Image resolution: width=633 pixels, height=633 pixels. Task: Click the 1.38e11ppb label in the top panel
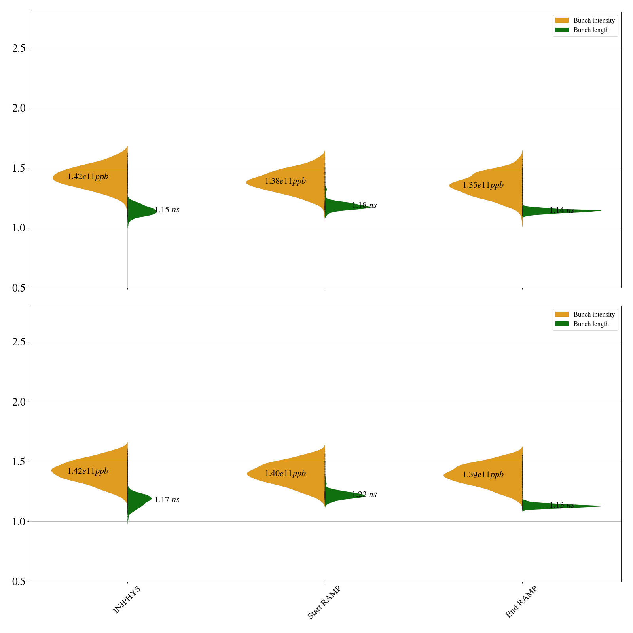point(285,181)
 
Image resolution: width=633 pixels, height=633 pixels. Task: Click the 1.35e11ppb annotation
point(483,185)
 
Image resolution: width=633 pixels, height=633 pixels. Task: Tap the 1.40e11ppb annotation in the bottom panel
point(285,474)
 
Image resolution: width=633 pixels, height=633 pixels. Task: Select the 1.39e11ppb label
point(483,475)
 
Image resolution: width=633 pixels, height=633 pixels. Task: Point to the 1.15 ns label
point(167,210)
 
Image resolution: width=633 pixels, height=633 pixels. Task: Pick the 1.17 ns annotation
point(167,500)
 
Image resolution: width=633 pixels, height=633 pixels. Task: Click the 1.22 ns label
point(364,495)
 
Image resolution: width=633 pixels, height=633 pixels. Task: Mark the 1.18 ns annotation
point(364,205)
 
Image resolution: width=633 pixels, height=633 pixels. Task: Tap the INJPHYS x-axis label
point(127,600)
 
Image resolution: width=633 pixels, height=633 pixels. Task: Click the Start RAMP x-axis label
point(324,602)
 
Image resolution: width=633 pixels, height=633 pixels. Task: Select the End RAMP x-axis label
point(521,602)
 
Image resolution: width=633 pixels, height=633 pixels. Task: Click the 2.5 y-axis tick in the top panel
point(18,48)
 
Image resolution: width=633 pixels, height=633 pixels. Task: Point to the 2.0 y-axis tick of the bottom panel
point(18,402)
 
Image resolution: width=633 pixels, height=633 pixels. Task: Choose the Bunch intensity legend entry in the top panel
point(594,21)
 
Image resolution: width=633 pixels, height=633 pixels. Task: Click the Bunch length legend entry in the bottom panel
point(591,324)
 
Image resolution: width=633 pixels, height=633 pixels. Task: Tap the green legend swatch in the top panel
point(562,30)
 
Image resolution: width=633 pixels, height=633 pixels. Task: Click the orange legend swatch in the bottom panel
point(562,314)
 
